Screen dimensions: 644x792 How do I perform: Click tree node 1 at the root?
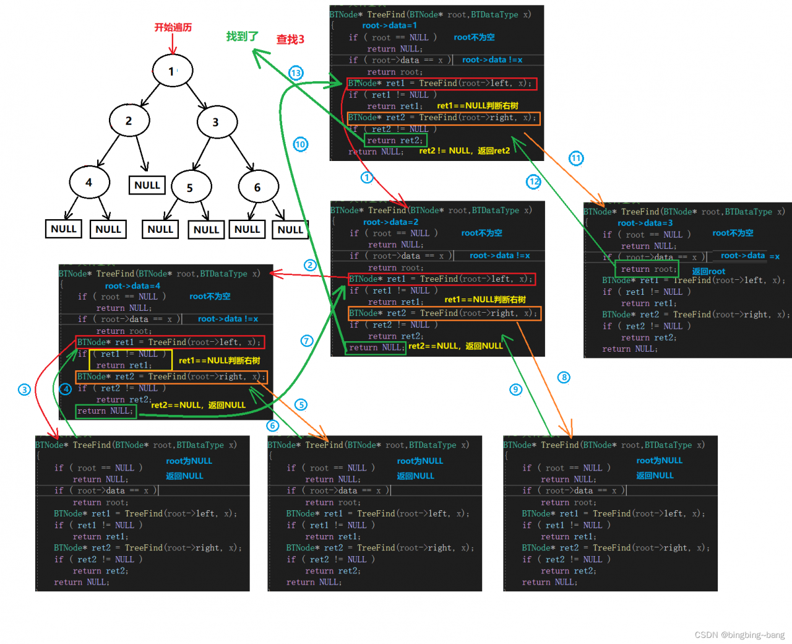[173, 71]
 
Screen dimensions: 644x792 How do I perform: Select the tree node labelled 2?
[129, 121]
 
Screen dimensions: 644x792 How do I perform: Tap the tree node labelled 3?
[217, 122]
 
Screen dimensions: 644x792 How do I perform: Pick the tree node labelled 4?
[89, 183]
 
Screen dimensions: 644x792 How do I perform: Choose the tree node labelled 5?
[191, 188]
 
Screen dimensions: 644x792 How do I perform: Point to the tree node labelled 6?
[258, 188]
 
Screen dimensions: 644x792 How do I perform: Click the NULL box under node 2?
[147, 185]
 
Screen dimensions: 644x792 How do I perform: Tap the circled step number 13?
[296, 73]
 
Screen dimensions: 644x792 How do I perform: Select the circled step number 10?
[300, 144]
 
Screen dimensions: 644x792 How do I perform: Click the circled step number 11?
[576, 159]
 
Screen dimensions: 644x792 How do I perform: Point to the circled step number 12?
[533, 181]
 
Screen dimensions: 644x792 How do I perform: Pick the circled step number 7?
[307, 341]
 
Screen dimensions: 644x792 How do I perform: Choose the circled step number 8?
[564, 378]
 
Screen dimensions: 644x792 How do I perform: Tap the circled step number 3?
[24, 389]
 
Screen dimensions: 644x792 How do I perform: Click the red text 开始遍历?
[173, 27]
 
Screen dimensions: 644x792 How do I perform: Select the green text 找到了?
[242, 37]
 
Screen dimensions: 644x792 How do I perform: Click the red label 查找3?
[290, 40]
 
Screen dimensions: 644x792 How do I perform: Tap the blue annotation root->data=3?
[645, 223]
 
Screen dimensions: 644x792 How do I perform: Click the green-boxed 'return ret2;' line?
[395, 141]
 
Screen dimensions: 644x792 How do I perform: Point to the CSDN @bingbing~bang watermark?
[739, 635]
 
